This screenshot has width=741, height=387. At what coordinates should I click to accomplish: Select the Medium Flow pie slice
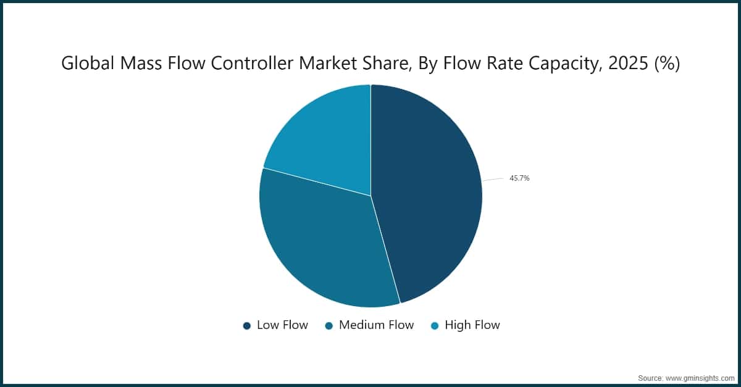pos(321,241)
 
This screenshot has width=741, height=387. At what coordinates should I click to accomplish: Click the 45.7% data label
pos(519,178)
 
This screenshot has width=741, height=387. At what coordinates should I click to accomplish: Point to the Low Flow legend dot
pos(247,325)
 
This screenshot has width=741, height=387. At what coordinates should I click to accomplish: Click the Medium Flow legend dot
pos(329,325)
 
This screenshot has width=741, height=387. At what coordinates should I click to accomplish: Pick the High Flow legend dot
pos(435,325)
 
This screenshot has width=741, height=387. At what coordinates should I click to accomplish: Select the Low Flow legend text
pos(282,325)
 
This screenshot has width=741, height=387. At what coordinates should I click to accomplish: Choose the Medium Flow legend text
pos(376,325)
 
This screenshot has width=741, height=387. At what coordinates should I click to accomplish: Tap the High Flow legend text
pos(472,325)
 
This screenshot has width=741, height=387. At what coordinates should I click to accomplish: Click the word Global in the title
pos(83,63)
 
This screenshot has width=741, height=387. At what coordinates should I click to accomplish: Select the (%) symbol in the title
pos(666,63)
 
